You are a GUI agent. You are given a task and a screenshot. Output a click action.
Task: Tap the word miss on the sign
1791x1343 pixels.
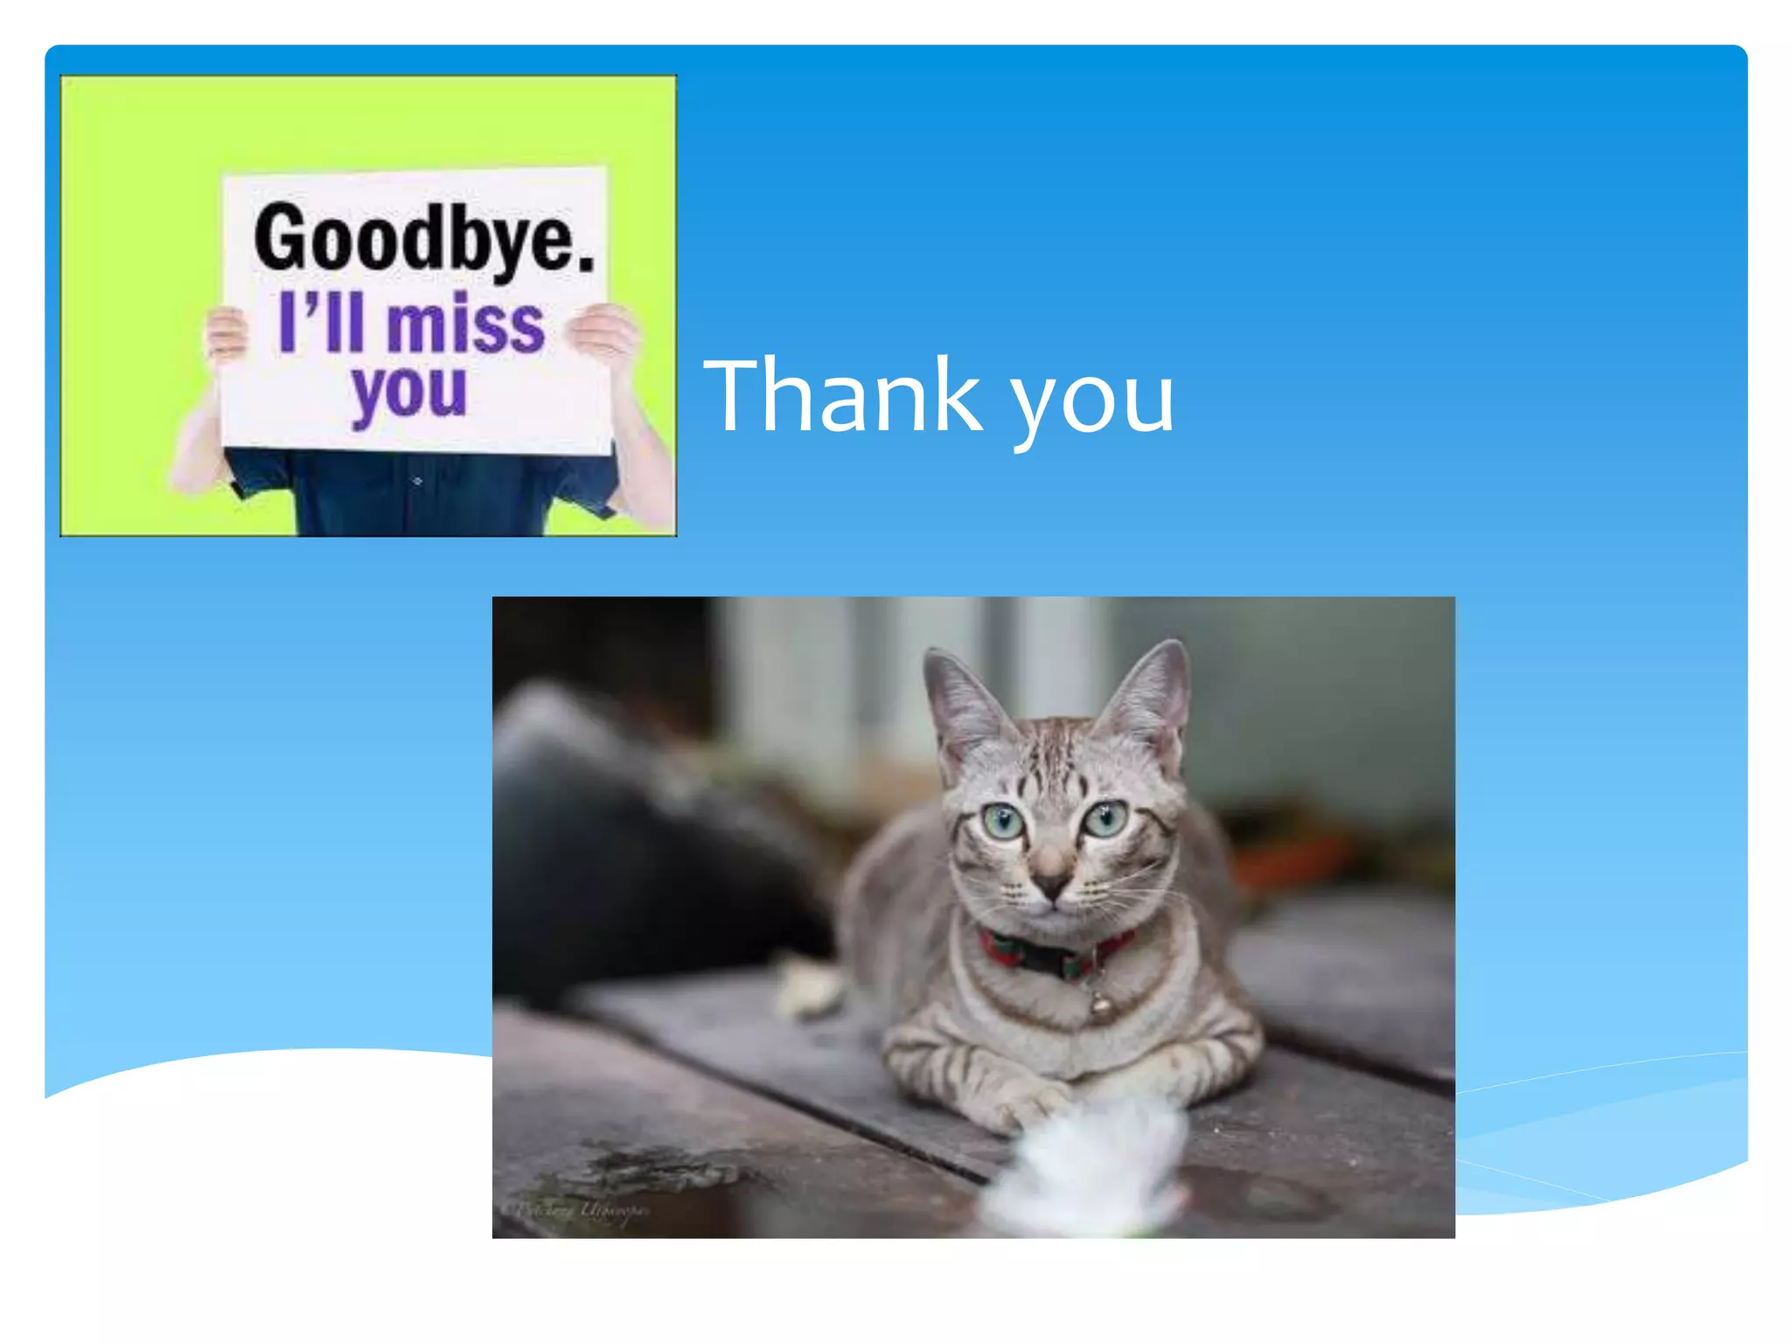(x=465, y=325)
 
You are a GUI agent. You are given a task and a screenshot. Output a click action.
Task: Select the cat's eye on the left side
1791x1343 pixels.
(x=1001, y=822)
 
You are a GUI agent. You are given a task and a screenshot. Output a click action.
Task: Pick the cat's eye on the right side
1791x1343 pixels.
(x=1106, y=818)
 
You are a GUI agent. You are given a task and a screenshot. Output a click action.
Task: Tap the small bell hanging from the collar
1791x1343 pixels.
(x=1100, y=1006)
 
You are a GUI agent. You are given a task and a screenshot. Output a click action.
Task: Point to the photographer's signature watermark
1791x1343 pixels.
(x=582, y=1211)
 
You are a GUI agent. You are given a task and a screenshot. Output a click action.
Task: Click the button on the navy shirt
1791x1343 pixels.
(x=417, y=481)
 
